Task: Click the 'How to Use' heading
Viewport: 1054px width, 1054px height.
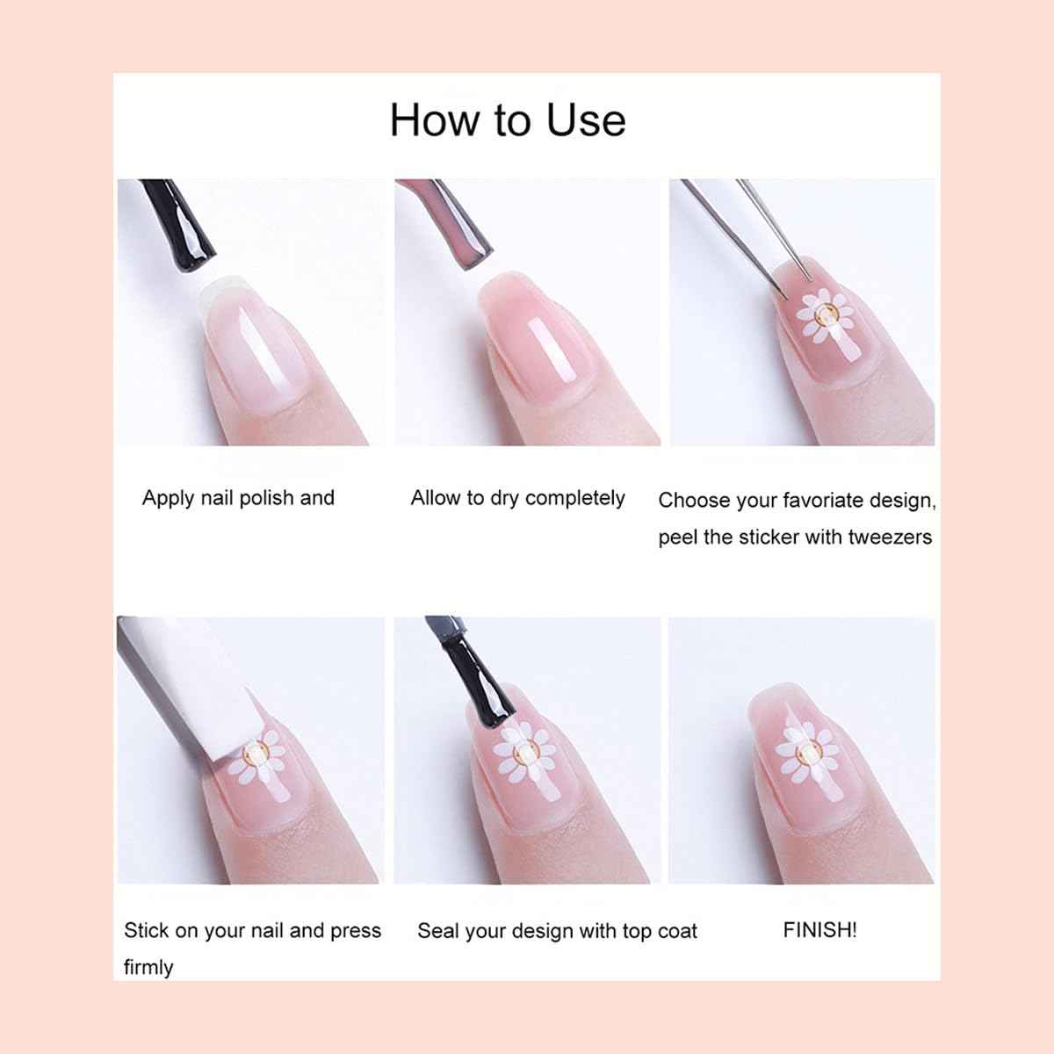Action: (x=508, y=120)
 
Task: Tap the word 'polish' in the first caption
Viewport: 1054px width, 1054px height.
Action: (x=266, y=498)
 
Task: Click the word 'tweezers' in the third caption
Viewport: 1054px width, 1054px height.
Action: (x=890, y=538)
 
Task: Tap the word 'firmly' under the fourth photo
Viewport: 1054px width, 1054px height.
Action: (x=148, y=967)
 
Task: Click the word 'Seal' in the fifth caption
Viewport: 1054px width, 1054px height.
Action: (x=436, y=930)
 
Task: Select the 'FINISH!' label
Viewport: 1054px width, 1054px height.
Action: (x=819, y=929)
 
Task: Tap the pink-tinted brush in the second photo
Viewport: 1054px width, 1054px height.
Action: (x=446, y=221)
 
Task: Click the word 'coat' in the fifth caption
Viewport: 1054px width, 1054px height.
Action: (x=677, y=931)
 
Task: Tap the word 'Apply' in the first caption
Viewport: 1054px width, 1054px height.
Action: (x=169, y=498)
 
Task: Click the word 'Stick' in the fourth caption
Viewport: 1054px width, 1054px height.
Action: (x=146, y=930)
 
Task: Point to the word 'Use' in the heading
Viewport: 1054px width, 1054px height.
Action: (x=587, y=120)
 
